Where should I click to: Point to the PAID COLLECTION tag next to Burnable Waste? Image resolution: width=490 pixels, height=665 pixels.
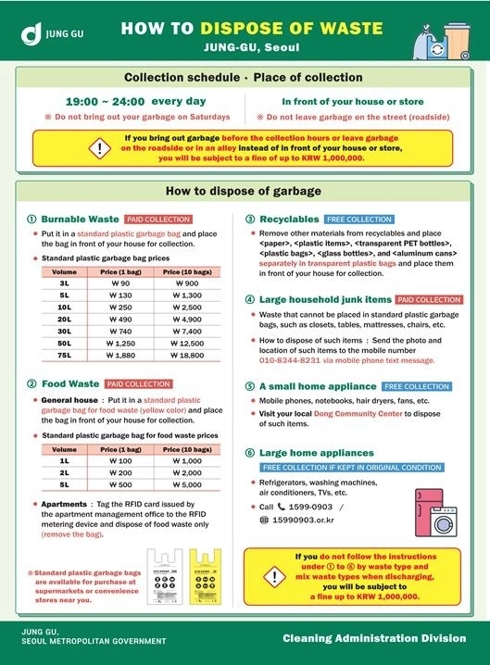pyautogui.click(x=157, y=220)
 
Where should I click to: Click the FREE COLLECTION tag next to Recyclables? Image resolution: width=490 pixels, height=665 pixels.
pyautogui.click(x=359, y=220)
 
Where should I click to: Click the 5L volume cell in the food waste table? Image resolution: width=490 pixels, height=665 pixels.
pyautogui.click(x=64, y=483)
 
